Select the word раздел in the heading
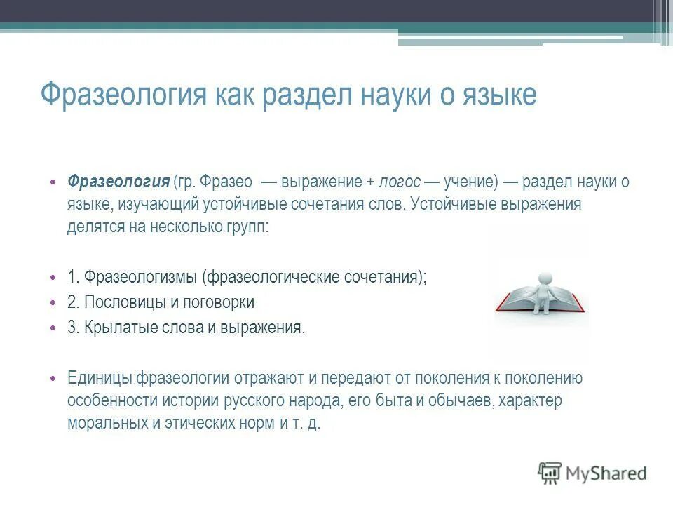tap(310, 93)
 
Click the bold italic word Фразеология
tap(118, 182)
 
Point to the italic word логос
tap(400, 182)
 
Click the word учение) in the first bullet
tap(469, 182)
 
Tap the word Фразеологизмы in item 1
tap(142, 276)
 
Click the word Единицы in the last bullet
tap(98, 378)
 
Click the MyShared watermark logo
tap(592, 472)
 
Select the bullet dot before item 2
tap(52, 302)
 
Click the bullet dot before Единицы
tap(52, 378)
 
